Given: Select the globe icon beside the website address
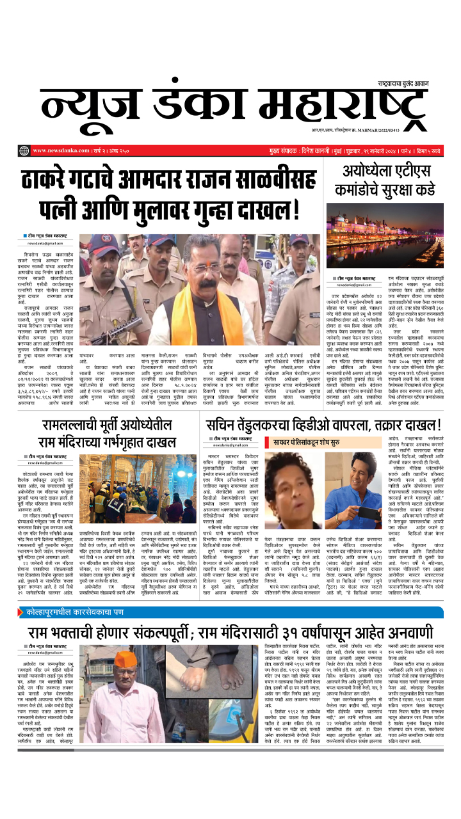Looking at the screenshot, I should click(x=24, y=150).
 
